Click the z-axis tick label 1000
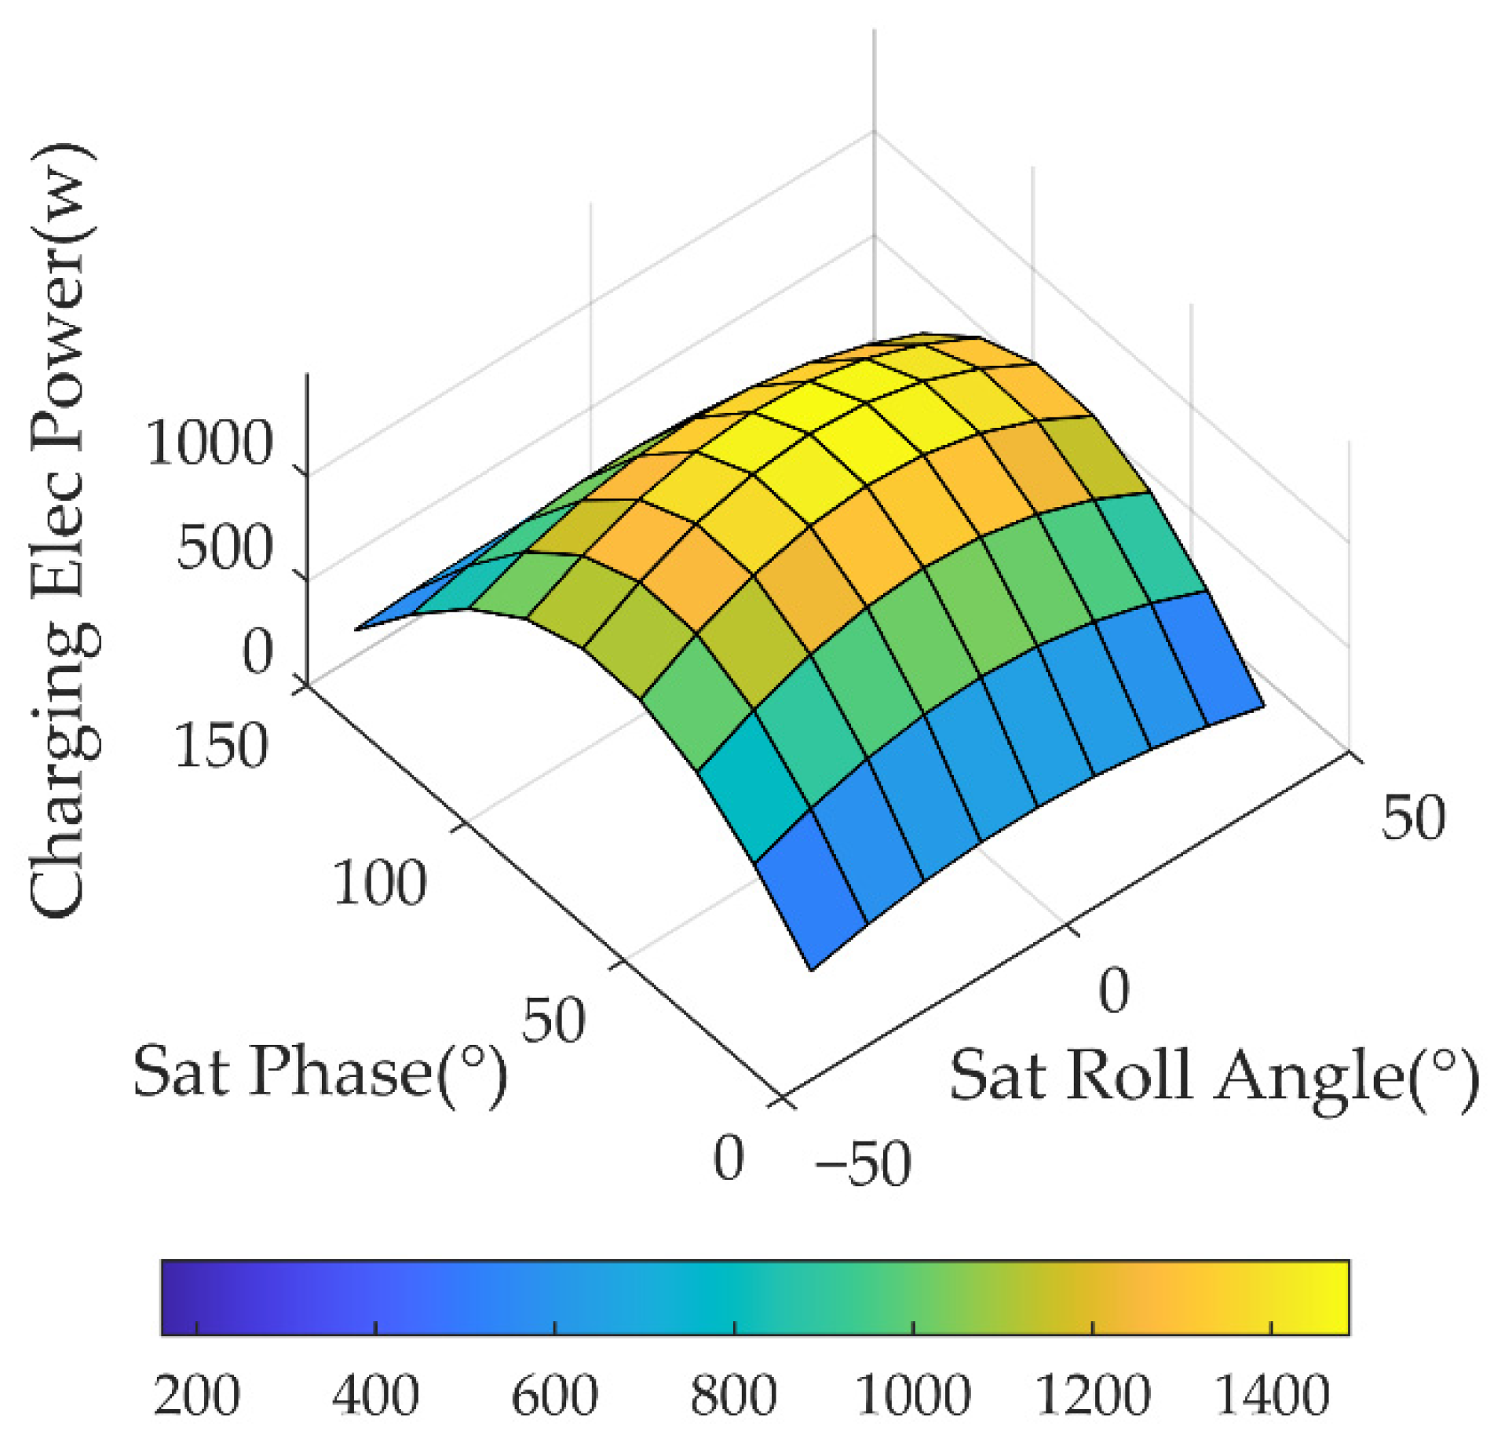point(209,444)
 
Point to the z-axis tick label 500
point(224,548)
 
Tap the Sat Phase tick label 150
point(221,746)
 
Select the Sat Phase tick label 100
point(379,883)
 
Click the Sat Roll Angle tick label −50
point(862,1164)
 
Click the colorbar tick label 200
point(196,1396)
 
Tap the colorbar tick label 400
point(375,1396)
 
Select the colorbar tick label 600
point(554,1396)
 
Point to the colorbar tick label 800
point(733,1396)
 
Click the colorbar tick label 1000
point(912,1396)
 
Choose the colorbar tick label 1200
point(1092,1396)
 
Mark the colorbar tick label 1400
point(1271,1396)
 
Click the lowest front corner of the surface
point(812,970)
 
